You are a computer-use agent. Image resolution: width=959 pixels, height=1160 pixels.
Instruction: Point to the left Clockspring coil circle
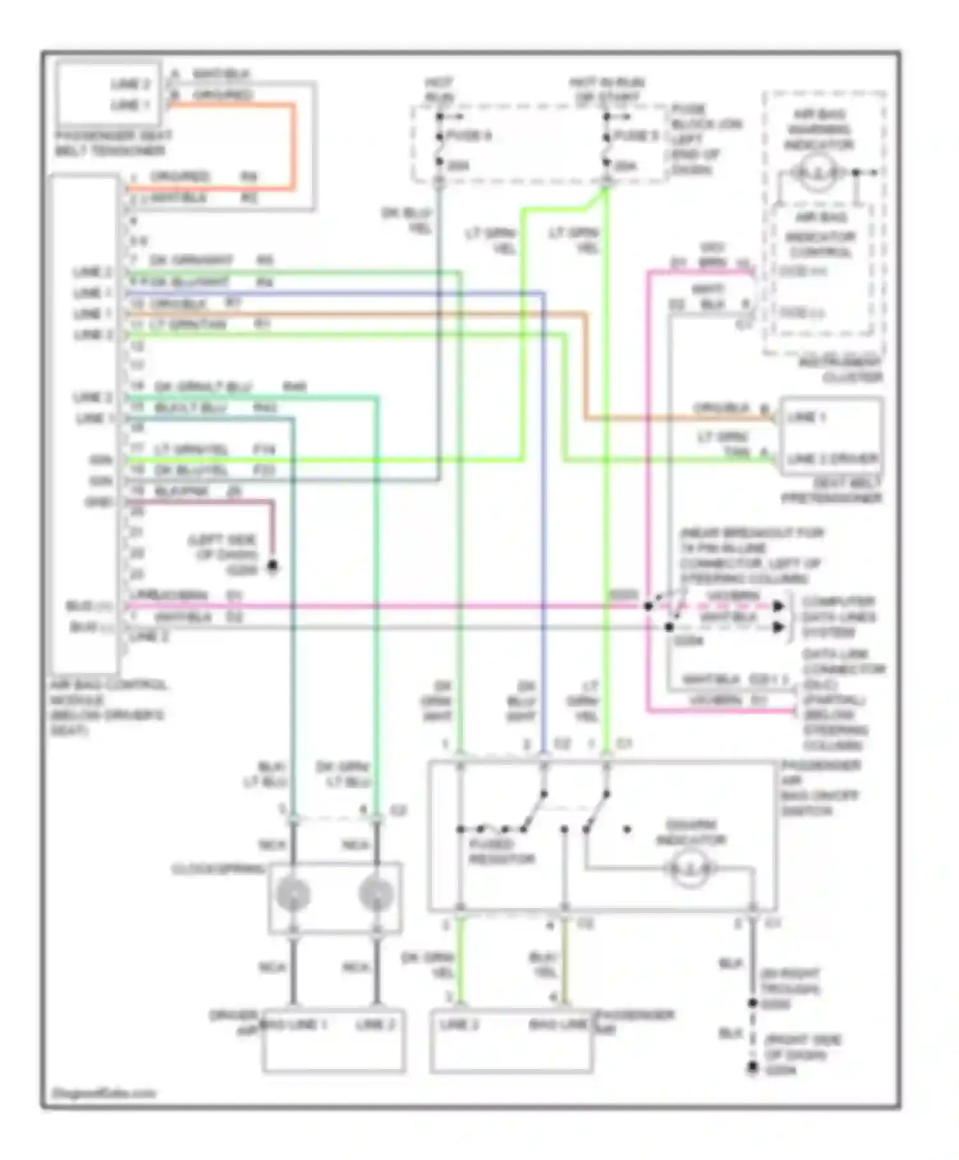tap(293, 894)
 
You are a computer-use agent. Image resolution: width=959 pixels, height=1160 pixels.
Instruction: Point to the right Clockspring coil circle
tap(376, 894)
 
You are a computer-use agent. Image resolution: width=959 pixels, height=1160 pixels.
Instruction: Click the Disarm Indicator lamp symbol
tap(690, 868)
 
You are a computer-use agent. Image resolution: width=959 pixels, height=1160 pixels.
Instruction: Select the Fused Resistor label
tap(501, 852)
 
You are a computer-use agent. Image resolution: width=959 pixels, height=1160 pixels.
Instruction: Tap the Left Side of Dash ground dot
tap(272, 566)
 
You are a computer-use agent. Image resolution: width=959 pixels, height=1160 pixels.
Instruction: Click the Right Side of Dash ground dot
tap(753, 1067)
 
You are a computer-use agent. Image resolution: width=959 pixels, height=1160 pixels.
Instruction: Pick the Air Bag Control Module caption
tap(107, 707)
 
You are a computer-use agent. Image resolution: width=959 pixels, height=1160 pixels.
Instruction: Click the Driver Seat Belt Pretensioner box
tap(831, 437)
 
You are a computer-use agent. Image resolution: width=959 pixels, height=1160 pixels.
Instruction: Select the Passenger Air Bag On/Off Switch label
tap(820, 788)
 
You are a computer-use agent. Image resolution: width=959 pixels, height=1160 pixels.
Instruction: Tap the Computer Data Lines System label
tap(838, 617)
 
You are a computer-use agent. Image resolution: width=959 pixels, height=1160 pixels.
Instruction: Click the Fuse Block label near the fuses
tap(705, 139)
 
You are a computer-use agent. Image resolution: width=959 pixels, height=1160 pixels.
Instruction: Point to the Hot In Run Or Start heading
tap(607, 90)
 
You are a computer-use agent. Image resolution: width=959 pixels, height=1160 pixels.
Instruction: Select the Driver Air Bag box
tap(333, 1040)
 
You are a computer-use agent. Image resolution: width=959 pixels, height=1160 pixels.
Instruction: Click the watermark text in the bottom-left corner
tap(104, 1093)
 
